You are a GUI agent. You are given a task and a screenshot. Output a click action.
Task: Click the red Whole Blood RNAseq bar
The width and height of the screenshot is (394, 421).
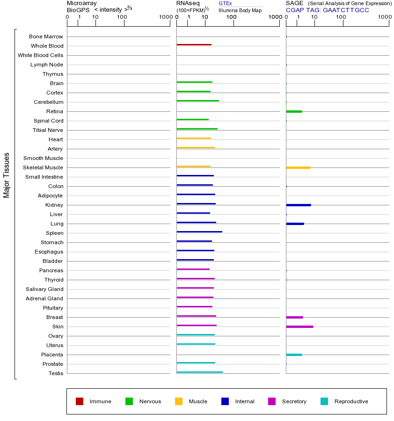tap(194, 45)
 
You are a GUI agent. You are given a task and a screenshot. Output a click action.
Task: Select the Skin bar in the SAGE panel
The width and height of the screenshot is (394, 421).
tap(299, 327)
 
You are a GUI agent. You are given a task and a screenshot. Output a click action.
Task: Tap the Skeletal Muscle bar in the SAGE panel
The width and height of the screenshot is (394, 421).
tap(298, 167)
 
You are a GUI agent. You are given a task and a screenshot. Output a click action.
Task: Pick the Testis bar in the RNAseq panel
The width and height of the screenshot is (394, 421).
tap(199, 372)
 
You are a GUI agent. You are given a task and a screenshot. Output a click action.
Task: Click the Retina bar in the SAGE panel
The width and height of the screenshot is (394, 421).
tap(294, 111)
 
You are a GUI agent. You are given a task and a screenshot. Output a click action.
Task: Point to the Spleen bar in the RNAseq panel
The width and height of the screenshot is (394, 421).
tap(199, 232)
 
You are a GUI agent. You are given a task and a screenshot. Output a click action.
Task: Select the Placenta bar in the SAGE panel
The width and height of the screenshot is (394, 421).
tap(294, 355)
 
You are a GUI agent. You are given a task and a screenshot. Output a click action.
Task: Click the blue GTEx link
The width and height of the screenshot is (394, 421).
tap(225, 4)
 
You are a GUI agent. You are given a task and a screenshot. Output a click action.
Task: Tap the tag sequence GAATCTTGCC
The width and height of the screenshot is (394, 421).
tap(346, 10)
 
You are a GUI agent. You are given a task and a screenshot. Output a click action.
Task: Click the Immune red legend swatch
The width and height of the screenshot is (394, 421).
tap(80, 401)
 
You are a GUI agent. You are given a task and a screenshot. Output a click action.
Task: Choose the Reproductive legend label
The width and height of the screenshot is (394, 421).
tap(351, 401)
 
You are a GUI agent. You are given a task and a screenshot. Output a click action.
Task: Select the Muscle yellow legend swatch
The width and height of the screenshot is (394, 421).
tap(179, 401)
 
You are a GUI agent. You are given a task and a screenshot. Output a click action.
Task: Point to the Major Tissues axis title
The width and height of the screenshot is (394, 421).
tap(7, 175)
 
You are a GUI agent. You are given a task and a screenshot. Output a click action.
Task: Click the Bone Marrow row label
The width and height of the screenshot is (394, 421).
tap(46, 36)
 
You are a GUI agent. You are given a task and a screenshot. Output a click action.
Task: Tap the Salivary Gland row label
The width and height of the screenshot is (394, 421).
tap(44, 289)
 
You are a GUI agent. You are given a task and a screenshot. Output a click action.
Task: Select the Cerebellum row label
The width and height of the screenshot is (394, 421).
tap(48, 102)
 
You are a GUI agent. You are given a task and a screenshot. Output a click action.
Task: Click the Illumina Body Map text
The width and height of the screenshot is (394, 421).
tap(240, 10)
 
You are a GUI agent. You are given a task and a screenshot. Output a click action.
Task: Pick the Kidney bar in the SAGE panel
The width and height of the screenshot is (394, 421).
tap(298, 205)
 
